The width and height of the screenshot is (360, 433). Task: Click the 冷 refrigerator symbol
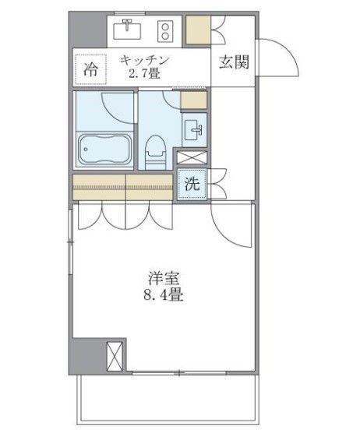point(90,69)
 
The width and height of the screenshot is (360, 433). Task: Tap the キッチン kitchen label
point(145,59)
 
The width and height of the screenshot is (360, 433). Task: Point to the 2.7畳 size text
point(145,74)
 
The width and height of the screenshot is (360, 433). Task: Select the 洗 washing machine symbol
point(192,185)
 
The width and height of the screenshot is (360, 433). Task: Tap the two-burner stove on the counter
point(166,30)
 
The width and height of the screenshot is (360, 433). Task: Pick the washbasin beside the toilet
point(195,128)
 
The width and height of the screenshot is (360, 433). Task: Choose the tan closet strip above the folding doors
point(122,187)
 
